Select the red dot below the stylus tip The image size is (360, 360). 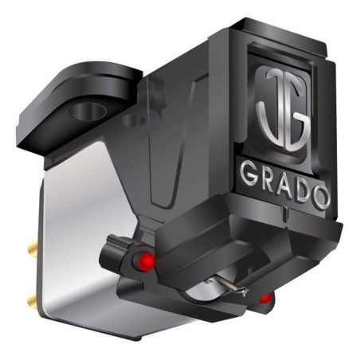pos(265,299)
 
